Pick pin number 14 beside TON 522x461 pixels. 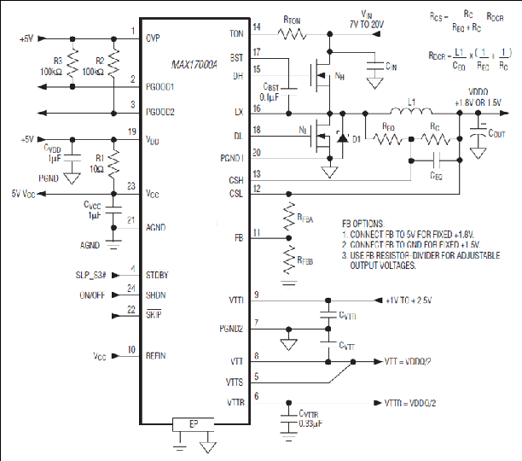pos(256,28)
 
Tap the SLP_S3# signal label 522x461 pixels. pos(93,274)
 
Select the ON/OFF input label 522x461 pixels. pos(97,295)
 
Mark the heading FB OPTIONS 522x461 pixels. pos(369,221)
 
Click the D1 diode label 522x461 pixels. pos(357,138)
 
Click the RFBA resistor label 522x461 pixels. pos(304,220)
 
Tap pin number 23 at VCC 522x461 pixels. pos(131,185)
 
